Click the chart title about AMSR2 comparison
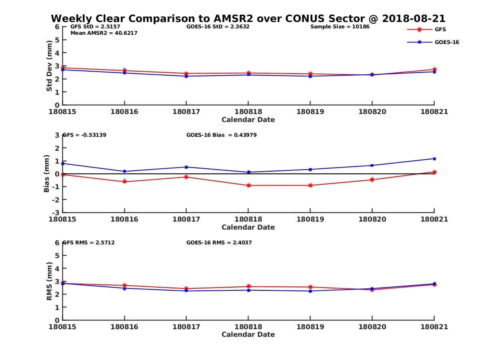click(248, 19)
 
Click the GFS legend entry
click(440, 29)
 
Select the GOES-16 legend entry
click(446, 42)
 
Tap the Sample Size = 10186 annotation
click(340, 27)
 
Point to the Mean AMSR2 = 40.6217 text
click(104, 33)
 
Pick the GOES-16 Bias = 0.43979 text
click(221, 135)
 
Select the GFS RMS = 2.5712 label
click(89, 242)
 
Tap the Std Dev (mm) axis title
click(49, 66)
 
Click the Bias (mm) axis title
click(47, 174)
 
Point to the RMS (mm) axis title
click(49, 281)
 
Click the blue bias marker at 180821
click(434, 159)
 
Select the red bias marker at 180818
click(248, 185)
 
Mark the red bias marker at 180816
click(125, 182)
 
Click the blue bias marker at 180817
click(186, 167)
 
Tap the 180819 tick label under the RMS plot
click(310, 327)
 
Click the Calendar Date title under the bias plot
click(248, 227)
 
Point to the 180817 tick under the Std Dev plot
click(186, 112)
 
